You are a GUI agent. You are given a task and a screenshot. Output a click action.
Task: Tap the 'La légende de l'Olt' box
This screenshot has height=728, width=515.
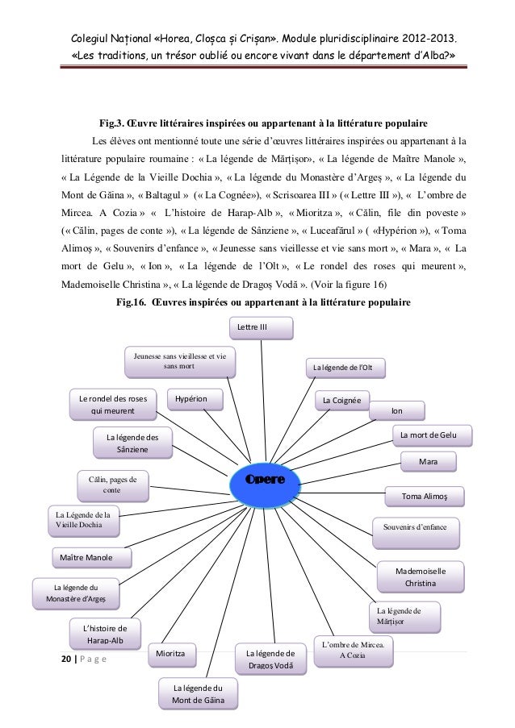coord(344,369)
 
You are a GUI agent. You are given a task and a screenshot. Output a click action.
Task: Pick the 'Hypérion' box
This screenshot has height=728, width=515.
coord(192,398)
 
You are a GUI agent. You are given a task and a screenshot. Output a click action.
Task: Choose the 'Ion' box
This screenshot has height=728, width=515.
coord(396,411)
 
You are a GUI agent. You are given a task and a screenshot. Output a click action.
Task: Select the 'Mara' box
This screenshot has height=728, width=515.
coord(429,462)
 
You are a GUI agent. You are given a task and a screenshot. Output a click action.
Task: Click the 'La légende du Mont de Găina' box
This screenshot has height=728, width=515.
coord(197,693)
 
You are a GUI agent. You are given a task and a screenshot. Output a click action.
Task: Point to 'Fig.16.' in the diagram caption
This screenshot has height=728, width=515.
coord(132,303)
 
